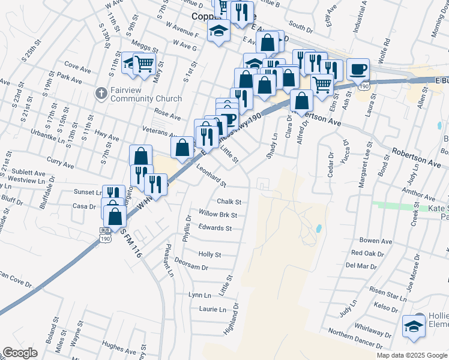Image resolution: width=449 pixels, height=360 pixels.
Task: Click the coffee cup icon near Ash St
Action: (x=358, y=69)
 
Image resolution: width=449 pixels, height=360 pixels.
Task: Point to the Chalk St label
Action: (x=229, y=202)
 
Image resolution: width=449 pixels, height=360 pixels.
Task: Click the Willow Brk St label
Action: (x=218, y=215)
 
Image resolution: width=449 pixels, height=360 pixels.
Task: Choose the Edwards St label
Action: (x=215, y=229)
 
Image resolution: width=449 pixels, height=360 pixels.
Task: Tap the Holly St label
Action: (x=210, y=255)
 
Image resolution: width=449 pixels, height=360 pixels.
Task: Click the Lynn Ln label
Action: (x=200, y=295)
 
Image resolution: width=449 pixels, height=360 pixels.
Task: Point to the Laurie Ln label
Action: (x=212, y=310)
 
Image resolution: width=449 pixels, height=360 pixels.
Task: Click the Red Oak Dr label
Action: (x=367, y=254)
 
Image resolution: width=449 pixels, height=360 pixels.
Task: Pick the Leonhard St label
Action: (x=211, y=175)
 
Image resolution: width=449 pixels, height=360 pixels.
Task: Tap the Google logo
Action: (x=21, y=353)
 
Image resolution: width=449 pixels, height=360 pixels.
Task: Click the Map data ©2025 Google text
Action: (x=411, y=355)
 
